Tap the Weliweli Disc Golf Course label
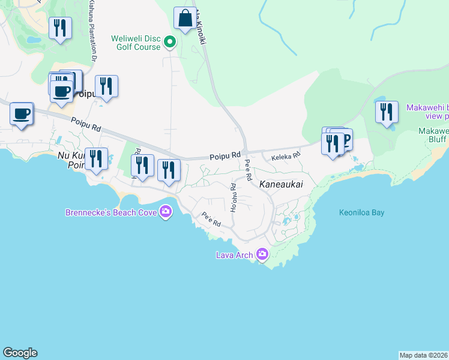pos(136,43)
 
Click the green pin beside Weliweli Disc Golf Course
pos(170,42)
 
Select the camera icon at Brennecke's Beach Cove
pos(166,211)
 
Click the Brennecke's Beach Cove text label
pos(111,212)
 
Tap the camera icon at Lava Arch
pos(262,254)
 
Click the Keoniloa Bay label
pos(361,212)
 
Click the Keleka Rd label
pos(285,157)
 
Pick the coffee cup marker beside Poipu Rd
pos(22,114)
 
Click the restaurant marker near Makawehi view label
pos(387,113)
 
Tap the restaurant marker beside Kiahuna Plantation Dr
pos(60,29)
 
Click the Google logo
pos(20,353)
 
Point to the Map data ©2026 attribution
pos(424,355)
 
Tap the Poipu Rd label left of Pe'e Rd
pos(225,157)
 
